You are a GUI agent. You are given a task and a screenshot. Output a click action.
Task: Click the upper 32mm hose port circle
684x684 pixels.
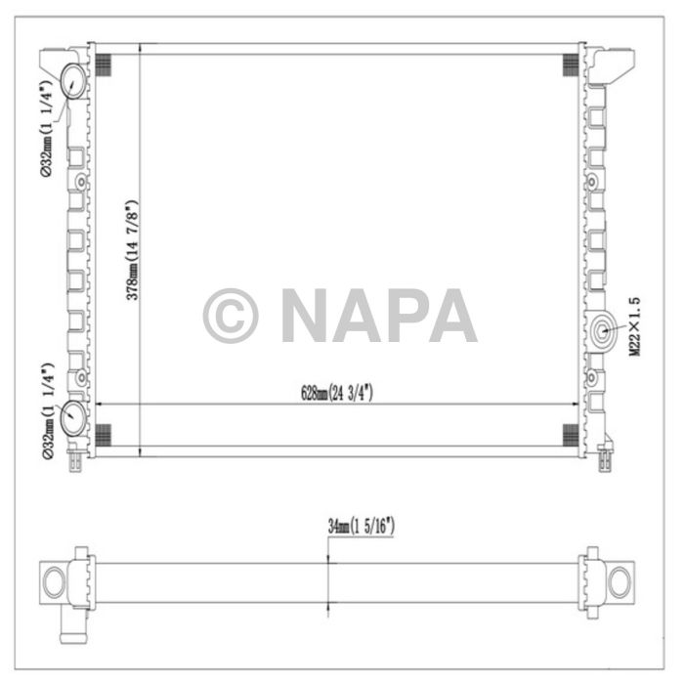click(x=74, y=80)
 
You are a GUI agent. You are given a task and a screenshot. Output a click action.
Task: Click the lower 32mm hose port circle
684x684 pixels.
click(x=74, y=418)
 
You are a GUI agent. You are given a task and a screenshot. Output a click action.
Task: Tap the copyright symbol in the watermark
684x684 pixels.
click(x=231, y=316)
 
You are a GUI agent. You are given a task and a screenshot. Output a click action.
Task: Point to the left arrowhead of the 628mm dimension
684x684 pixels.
click(x=98, y=404)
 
